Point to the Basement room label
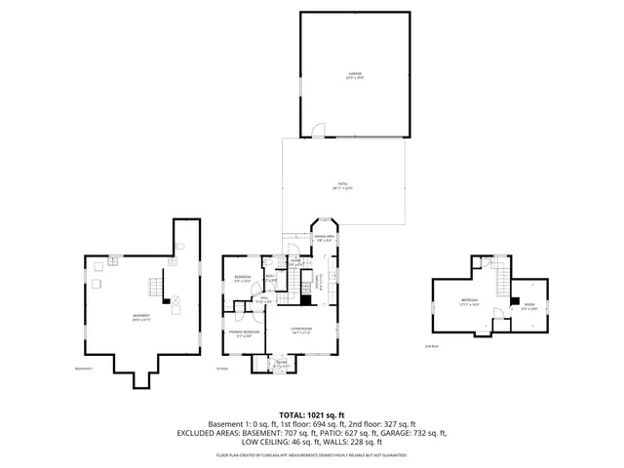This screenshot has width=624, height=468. (x=141, y=318)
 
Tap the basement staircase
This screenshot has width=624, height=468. (x=153, y=287)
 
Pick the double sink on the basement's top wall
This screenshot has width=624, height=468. (x=114, y=261)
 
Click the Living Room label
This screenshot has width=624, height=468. (x=299, y=330)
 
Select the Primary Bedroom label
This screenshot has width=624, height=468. (x=244, y=333)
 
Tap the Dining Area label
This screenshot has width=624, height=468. (x=325, y=237)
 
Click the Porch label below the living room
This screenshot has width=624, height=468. (x=280, y=364)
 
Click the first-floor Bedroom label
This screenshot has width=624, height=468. (x=243, y=279)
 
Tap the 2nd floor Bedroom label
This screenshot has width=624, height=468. (x=469, y=301)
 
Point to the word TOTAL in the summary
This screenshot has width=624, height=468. (x=294, y=414)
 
